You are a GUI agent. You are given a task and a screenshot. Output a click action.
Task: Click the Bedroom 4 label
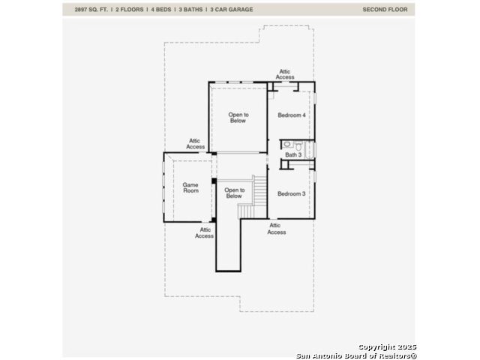tap(292, 115)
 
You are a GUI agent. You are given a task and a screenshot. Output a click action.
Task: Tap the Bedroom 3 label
tap(292, 193)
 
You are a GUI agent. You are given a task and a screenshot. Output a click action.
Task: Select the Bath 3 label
tap(293, 155)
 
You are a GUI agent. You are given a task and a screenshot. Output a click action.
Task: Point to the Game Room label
tap(190, 187)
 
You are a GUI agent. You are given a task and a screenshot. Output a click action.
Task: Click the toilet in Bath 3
tap(298, 145)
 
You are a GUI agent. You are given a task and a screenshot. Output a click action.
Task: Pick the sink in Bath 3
tap(286, 144)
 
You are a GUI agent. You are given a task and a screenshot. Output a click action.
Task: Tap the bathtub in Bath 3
tap(310, 150)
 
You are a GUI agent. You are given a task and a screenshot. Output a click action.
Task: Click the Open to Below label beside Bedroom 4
tap(238, 118)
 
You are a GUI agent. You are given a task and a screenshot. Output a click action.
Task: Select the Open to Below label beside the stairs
tap(234, 193)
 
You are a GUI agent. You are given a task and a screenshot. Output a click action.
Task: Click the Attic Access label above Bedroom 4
tap(285, 74)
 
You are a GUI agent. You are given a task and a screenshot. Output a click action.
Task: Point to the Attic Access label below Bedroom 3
tap(277, 229)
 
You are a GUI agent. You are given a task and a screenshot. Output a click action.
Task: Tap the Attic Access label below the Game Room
tap(205, 232)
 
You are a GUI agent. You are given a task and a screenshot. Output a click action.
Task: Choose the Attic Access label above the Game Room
tap(195, 143)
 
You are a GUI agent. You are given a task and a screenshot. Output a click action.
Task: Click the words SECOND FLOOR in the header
tap(385, 10)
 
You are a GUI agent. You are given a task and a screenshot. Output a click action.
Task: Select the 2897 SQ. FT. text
tap(91, 10)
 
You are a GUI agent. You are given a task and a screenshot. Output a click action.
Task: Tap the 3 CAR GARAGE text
tap(232, 10)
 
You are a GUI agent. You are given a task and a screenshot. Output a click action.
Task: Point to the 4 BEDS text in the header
tap(161, 10)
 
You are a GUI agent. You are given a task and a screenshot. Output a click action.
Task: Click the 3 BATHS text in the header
tap(190, 10)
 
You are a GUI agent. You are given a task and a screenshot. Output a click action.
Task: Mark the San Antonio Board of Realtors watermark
tap(357, 355)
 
